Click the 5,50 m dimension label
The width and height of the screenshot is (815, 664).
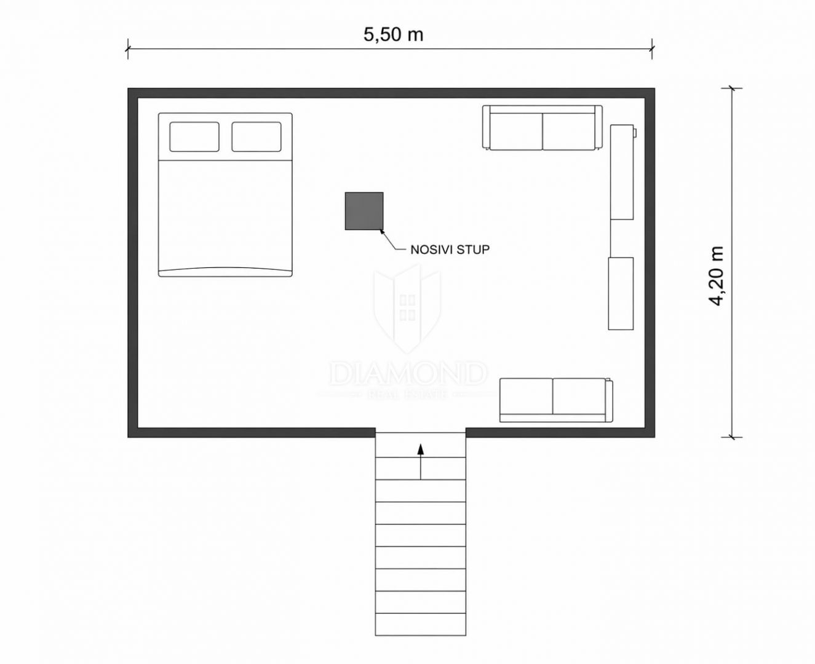[x=393, y=35]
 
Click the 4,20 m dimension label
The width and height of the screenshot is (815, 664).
[x=715, y=275]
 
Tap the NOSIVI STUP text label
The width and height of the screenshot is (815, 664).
[x=450, y=250]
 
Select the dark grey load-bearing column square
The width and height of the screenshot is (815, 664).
[x=364, y=211]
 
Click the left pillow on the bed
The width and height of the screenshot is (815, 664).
[x=194, y=136]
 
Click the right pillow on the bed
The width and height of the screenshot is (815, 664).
[x=256, y=136]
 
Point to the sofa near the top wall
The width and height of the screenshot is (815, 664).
[x=542, y=128]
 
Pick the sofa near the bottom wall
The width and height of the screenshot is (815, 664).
[x=556, y=400]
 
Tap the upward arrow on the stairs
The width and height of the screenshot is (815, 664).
[x=421, y=462]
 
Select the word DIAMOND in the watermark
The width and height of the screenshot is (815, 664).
[x=408, y=374]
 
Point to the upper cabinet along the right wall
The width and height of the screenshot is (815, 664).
[x=622, y=172]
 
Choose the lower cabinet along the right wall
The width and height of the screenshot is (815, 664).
[x=621, y=293]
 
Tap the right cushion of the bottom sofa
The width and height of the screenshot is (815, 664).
[x=579, y=397]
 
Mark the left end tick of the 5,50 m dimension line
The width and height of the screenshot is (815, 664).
[x=128, y=49]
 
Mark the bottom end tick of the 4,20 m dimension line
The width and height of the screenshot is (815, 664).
[x=732, y=437]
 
